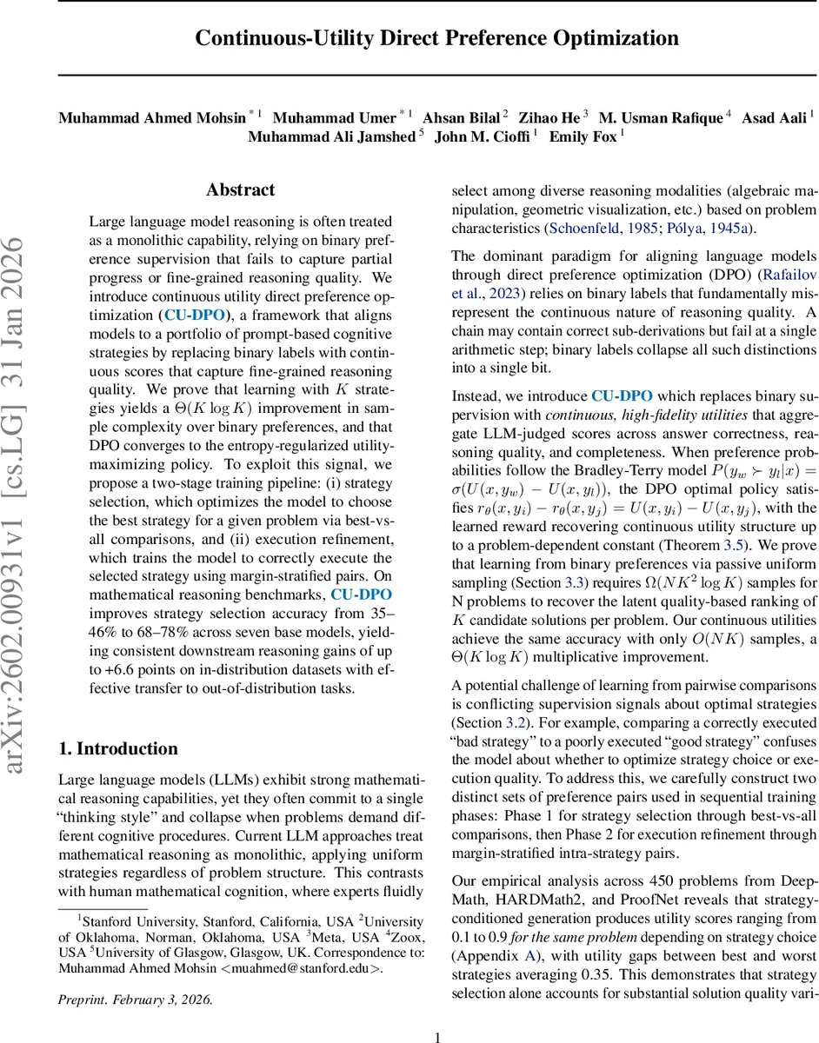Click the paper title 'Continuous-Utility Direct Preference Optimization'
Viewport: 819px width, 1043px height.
[x=436, y=38]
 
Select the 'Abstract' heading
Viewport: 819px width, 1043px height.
[x=240, y=189]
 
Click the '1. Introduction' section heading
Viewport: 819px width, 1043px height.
[x=117, y=749]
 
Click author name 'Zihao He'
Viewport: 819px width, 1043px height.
[x=549, y=116]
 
